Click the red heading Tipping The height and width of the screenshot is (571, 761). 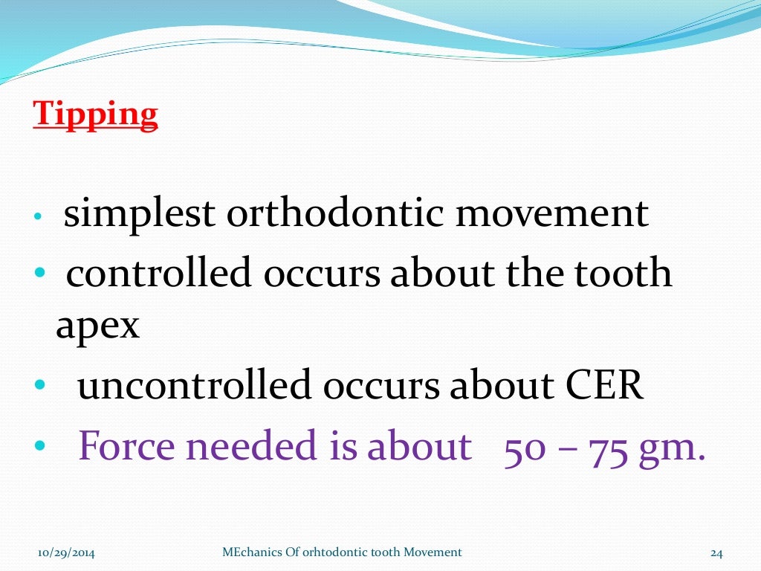pyautogui.click(x=95, y=115)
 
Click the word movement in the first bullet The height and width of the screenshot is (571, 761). pyautogui.click(x=552, y=214)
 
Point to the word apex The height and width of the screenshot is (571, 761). pyautogui.click(x=97, y=325)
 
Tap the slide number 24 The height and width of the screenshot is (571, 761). pyautogui.click(x=716, y=552)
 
